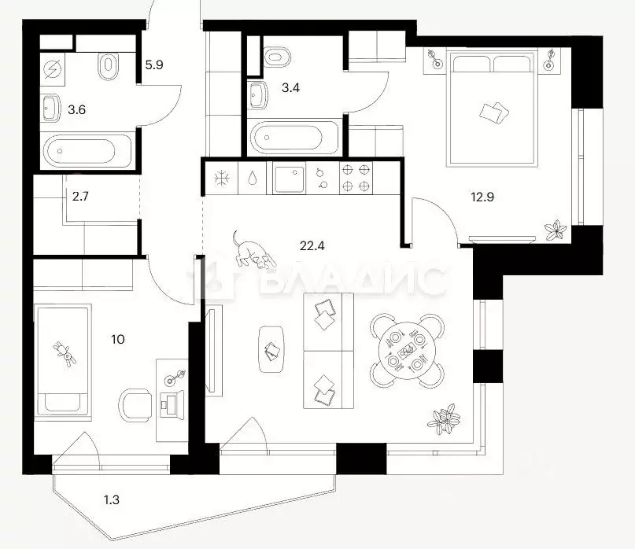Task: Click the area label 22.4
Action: [312, 245]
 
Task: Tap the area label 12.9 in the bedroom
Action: [482, 197]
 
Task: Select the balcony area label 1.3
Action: [112, 499]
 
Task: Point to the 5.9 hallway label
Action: [154, 64]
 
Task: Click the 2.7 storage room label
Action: [80, 197]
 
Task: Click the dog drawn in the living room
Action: [252, 250]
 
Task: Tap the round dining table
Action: [407, 351]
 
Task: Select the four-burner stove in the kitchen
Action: [356, 178]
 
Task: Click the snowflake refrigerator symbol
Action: [222, 178]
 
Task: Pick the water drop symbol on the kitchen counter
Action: [253, 178]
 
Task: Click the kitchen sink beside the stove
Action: [289, 178]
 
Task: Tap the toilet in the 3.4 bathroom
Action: [277, 57]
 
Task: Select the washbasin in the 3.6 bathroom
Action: [51, 108]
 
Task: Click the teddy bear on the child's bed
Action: [65, 353]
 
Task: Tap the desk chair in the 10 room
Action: [135, 405]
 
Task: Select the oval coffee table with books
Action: [271, 349]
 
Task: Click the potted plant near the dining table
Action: [444, 419]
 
